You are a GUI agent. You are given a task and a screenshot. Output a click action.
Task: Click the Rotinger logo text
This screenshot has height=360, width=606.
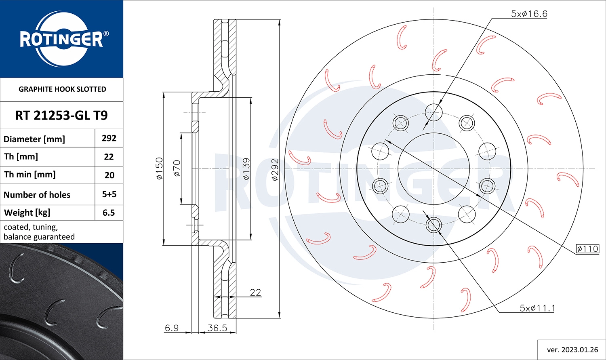coord(61,40)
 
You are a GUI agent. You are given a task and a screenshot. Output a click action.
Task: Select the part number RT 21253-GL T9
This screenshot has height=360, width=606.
coord(61,116)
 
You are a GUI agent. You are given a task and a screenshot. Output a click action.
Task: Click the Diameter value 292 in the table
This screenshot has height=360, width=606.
coord(109,138)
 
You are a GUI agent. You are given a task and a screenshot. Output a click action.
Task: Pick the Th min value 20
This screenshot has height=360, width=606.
coord(109,175)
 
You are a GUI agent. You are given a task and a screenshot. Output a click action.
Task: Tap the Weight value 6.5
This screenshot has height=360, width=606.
coord(109,213)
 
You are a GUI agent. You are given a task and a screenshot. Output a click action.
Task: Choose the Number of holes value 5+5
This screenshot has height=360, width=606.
coord(109,194)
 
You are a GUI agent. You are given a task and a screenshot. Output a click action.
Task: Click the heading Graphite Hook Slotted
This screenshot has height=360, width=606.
coord(62,89)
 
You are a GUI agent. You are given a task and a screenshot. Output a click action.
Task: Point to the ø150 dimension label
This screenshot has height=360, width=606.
coord(159,168)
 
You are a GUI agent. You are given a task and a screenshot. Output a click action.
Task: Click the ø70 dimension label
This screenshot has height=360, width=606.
coord(177,168)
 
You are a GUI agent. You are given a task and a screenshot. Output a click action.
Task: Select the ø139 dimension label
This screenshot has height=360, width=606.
coord(246,168)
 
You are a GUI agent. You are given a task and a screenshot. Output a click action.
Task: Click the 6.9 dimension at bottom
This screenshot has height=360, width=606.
coord(172,328)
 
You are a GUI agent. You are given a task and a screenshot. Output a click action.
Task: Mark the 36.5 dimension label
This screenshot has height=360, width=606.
coord(217,328)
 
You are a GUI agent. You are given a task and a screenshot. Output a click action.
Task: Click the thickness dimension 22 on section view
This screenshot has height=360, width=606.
coord(255,292)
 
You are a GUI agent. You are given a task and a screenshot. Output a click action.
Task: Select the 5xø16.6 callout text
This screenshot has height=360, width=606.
coord(529,14)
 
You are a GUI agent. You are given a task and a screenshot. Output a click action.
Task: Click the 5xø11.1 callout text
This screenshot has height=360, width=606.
coord(537,308)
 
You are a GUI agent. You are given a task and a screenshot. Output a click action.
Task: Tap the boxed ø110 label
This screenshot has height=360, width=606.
coord(587,248)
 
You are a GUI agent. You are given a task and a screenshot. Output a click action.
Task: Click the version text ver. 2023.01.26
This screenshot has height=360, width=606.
coord(572,349)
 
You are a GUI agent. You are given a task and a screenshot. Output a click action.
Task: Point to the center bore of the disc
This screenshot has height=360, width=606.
coord(433,169)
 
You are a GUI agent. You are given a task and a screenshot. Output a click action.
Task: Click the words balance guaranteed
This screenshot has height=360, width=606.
coord(39,237)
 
